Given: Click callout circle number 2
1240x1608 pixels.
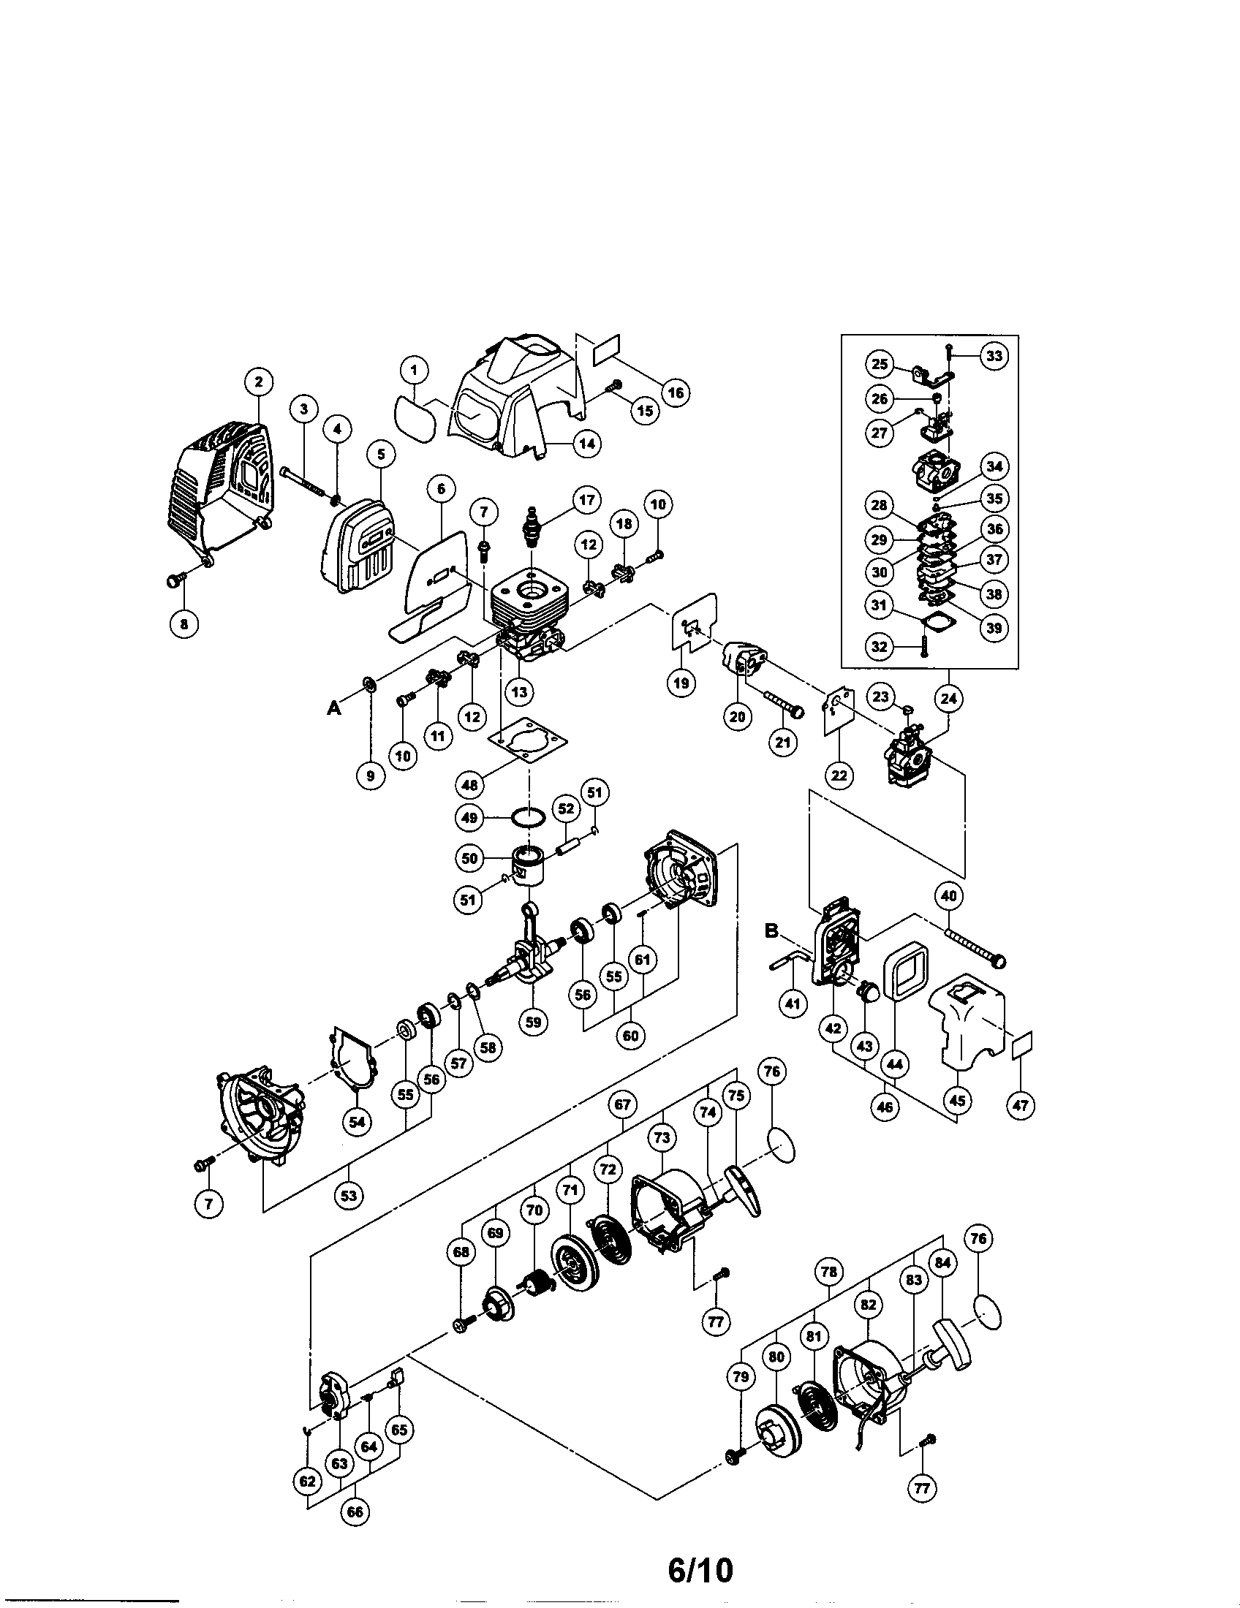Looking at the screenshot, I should point(259,382).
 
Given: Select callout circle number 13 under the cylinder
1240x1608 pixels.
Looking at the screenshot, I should point(520,692).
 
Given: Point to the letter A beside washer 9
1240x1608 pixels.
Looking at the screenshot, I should point(334,708).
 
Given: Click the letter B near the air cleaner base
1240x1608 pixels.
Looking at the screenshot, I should point(771,931).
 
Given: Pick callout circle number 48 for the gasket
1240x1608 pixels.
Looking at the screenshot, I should point(470,784).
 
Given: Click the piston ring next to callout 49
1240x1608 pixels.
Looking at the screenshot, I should point(529,816).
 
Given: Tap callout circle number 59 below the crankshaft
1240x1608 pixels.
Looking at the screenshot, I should point(533,1022).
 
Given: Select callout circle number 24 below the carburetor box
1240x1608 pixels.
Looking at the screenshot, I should point(948,697).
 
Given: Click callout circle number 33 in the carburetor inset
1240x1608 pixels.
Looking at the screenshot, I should point(994,356).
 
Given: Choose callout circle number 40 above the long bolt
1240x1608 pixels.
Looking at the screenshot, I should point(948,896).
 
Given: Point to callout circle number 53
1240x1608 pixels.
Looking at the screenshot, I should point(348,1195).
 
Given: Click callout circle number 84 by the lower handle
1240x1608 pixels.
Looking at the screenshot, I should point(942,1283).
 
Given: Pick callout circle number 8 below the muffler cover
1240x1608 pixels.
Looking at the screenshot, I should point(184,624).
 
